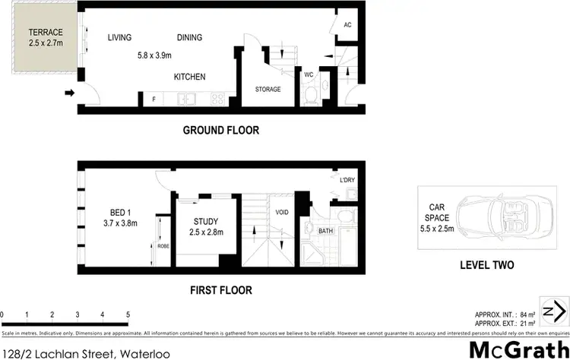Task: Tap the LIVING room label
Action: tap(120, 38)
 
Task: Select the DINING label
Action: tap(190, 38)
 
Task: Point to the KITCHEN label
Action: tap(189, 77)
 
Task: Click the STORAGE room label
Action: tap(268, 90)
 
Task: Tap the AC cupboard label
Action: tap(347, 25)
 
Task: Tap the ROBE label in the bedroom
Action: tap(163, 247)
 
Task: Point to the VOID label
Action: tap(282, 213)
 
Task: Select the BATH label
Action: tap(325, 231)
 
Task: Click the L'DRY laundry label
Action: tap(347, 180)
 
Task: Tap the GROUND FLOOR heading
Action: tap(220, 131)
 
